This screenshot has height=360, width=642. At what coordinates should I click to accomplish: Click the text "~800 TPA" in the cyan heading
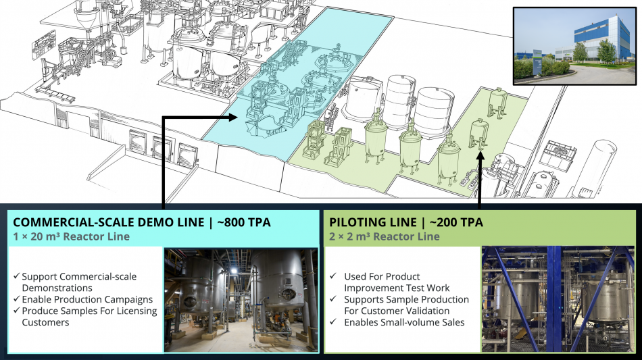pyautogui.click(x=244, y=222)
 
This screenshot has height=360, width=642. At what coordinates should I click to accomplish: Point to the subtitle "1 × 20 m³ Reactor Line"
pyautogui.click(x=71, y=236)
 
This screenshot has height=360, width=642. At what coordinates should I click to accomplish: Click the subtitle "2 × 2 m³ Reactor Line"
pyautogui.click(x=385, y=236)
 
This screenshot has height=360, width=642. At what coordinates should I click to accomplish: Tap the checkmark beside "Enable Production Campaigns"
pyautogui.click(x=16, y=299)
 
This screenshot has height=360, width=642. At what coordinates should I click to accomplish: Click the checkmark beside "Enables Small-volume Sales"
pyautogui.click(x=333, y=322)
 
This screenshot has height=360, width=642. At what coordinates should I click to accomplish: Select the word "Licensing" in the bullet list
pyautogui.click(x=137, y=311)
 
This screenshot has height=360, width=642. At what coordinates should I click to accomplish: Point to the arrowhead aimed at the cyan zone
pyautogui.click(x=233, y=118)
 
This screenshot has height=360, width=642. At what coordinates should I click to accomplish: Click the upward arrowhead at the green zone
pyautogui.click(x=480, y=155)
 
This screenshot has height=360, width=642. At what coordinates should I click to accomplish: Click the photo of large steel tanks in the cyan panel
pyautogui.click(x=241, y=301)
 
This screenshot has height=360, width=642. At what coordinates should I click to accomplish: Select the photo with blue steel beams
pyautogui.click(x=558, y=299)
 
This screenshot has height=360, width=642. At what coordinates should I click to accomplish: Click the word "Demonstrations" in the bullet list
pyautogui.click(x=57, y=288)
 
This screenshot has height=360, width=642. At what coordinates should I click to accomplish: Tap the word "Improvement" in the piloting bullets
pyautogui.click(x=370, y=288)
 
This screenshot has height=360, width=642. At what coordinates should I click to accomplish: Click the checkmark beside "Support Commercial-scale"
pyautogui.click(x=16, y=276)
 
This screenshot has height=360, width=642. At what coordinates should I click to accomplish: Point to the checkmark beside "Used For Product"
pyautogui.click(x=333, y=276)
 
